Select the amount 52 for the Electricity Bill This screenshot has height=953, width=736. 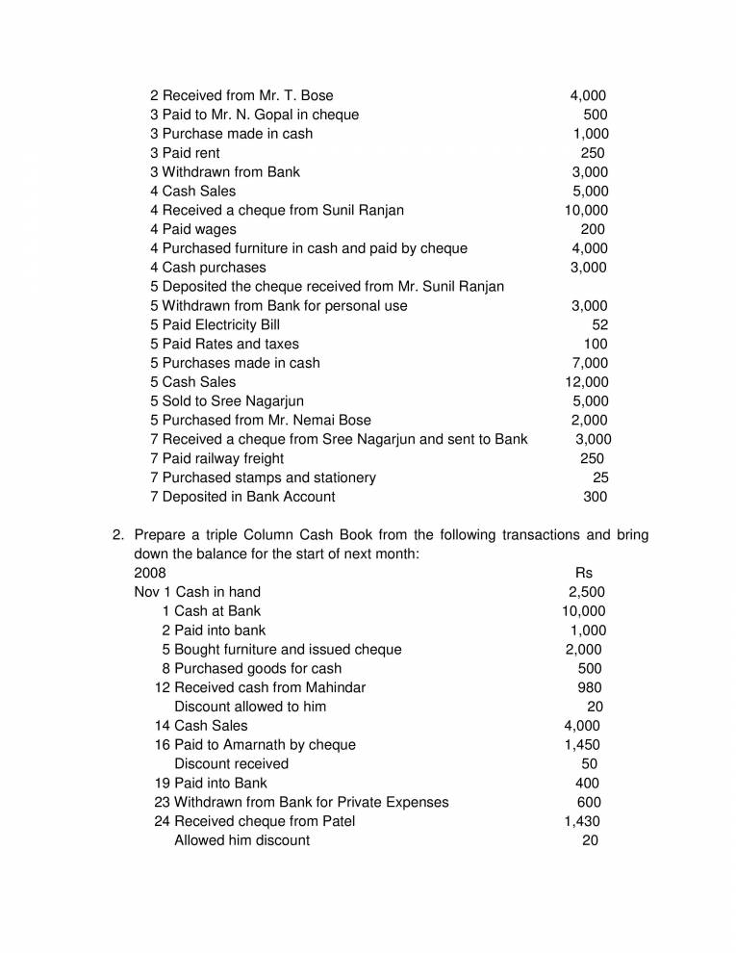point(599,324)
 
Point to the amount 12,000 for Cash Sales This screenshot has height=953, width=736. point(587,382)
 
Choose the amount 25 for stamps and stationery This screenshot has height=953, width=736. point(600,477)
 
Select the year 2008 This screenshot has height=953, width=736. point(149,573)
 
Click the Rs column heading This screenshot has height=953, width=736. point(583,573)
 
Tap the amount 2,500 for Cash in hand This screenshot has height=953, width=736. point(587,592)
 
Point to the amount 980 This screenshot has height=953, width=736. point(589,687)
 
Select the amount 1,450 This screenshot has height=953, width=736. point(582,745)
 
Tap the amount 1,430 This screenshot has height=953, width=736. point(582,821)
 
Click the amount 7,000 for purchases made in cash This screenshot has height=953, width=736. point(589,363)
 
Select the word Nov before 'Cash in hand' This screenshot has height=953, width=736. point(146,592)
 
